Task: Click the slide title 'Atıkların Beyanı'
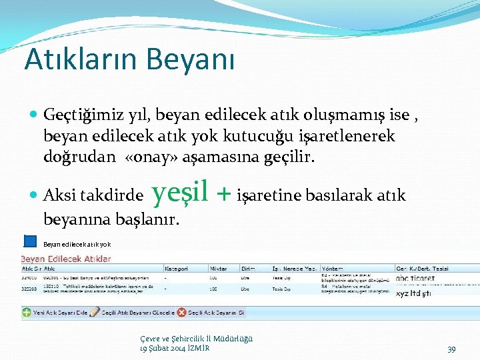[129, 59]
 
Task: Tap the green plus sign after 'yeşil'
[225, 194]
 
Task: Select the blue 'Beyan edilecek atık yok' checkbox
[30, 241]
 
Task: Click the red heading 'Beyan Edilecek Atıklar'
[66, 259]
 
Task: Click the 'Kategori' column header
[176, 269]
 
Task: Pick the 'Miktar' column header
[218, 269]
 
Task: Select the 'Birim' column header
[247, 269]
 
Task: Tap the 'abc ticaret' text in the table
[415, 278]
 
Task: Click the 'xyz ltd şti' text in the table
[413, 293]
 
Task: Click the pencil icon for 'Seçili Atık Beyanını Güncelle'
[95, 312]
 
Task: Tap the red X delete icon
[181, 312]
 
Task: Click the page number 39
[451, 349]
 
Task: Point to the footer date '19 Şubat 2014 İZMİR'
[174, 348]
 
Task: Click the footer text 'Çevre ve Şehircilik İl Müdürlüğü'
[196, 339]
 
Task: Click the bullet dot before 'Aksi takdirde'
[34, 196]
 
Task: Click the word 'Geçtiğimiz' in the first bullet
[74, 115]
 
